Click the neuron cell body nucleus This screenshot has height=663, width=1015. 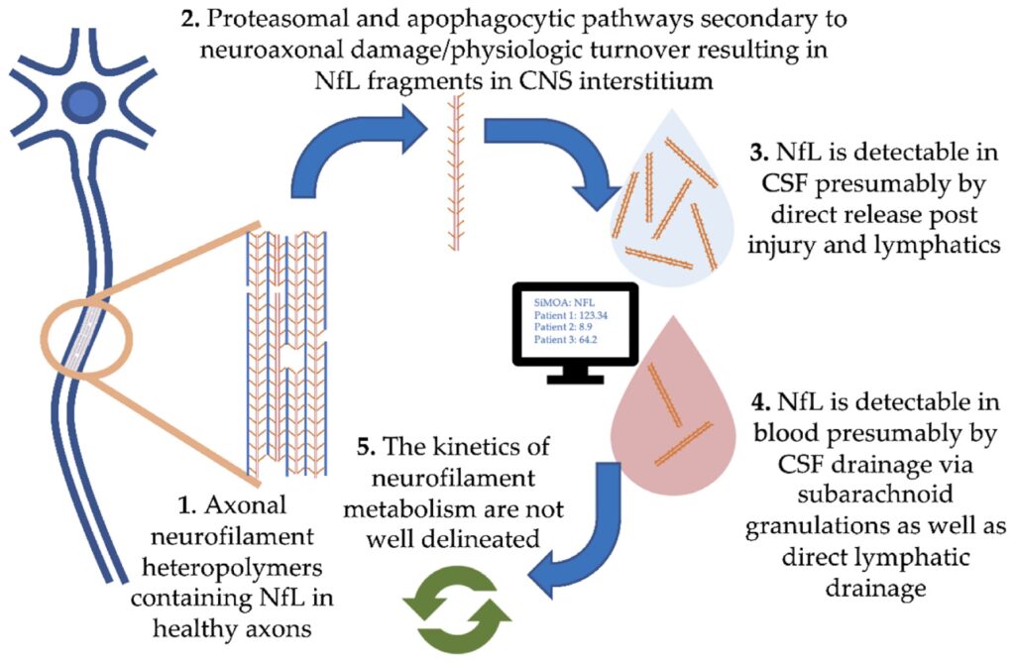pyautogui.click(x=78, y=101)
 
